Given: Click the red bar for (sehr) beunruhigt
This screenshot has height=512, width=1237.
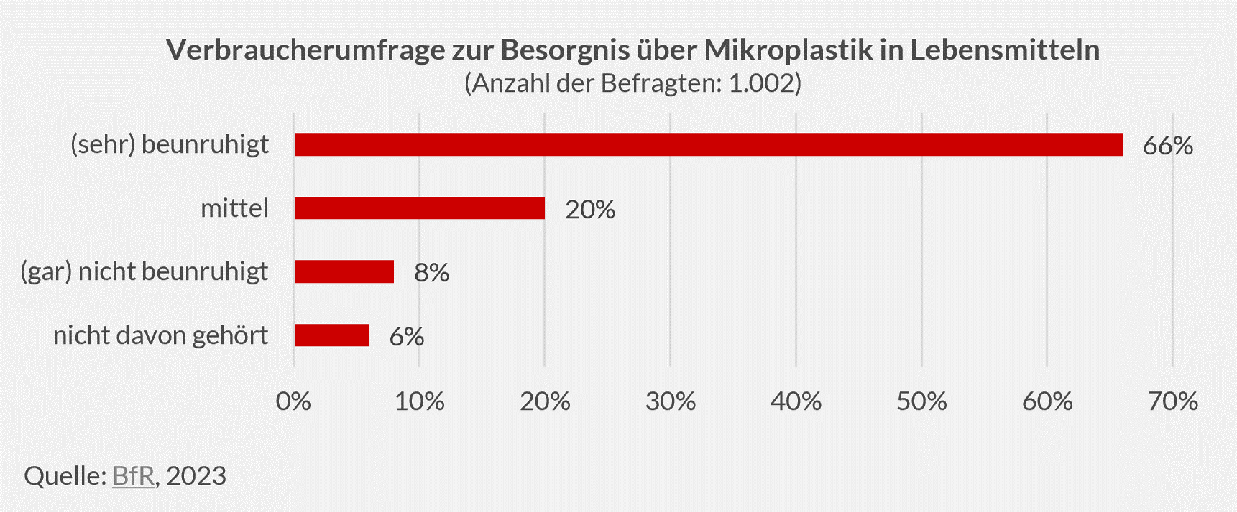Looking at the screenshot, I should pos(708,144).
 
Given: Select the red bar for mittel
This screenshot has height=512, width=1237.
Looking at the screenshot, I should pos(419,208).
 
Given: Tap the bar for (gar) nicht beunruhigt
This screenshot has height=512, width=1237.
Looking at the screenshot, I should pos(344,271).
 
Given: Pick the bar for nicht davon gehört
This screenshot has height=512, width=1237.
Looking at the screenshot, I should pos(331,335).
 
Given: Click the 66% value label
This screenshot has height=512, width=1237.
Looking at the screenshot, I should pos(1167,146).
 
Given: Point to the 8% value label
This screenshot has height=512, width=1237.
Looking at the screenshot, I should pos(431,273).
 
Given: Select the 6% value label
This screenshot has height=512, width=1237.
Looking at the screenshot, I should pos(406,337).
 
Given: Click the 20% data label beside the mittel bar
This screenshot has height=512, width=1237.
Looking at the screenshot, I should pos(589,210).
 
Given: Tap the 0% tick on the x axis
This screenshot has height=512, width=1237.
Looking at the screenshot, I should pos(293,401).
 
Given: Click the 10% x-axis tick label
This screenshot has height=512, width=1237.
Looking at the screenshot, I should pos(419,401).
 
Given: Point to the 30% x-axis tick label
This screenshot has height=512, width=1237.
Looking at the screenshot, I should pos(670,401).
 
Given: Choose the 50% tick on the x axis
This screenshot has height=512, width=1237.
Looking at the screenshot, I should pos(921,401).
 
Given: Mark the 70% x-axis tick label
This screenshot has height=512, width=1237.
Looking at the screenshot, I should pos(1172,401).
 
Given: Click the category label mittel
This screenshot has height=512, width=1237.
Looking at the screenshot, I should pos(234,208).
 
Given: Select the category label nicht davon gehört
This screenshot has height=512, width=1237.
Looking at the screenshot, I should pos(160,335).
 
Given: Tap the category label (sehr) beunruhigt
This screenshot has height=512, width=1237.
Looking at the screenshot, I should pos(170,144).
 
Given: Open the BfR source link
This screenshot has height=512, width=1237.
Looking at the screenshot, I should pos(134,475).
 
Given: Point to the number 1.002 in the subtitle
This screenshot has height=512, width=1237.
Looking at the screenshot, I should pos(760,83).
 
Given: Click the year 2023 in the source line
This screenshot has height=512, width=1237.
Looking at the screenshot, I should pos(196,475).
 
